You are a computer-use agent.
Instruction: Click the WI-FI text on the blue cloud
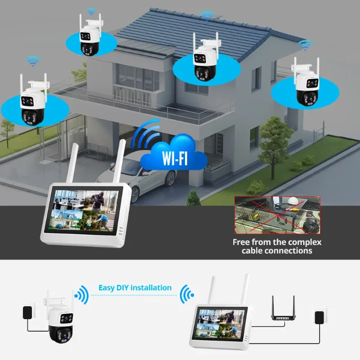click(x=175, y=158)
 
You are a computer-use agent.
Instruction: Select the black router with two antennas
click(x=283, y=308)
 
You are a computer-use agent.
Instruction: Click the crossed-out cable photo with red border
click(x=277, y=215)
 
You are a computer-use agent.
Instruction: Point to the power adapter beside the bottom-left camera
click(x=27, y=313)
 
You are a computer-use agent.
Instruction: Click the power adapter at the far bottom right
click(x=319, y=317)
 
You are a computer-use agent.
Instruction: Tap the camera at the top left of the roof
click(x=90, y=35)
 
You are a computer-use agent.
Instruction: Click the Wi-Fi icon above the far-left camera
click(x=33, y=61)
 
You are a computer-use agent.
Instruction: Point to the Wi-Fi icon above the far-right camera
click(x=305, y=45)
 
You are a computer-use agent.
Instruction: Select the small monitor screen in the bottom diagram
click(x=221, y=324)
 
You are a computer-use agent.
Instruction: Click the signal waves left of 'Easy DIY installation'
click(x=82, y=295)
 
